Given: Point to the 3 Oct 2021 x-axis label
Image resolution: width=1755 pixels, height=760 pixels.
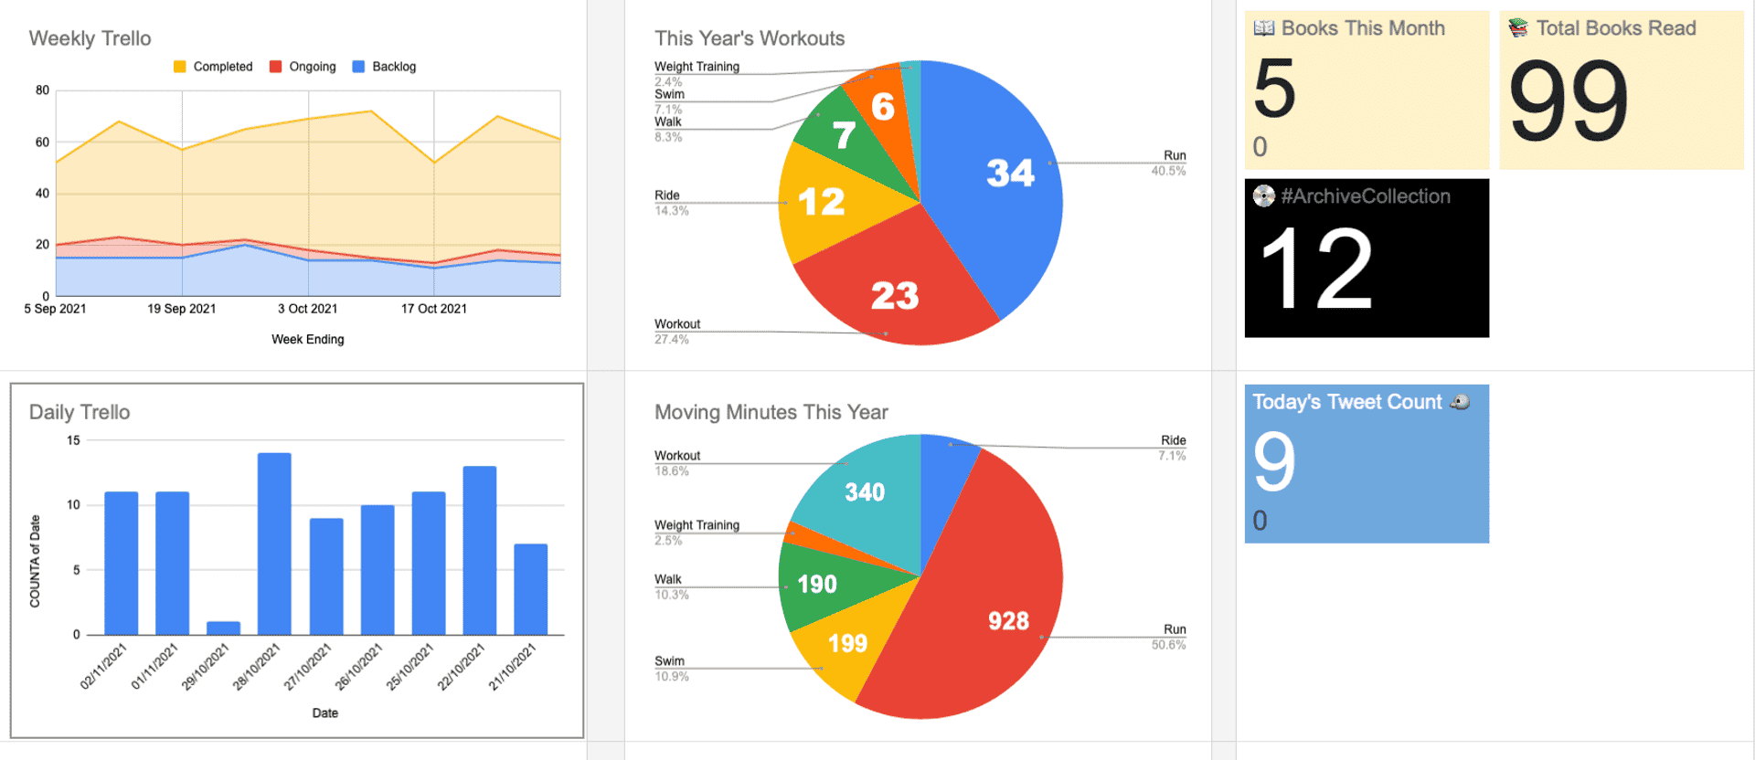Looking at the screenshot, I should pyautogui.click(x=307, y=309).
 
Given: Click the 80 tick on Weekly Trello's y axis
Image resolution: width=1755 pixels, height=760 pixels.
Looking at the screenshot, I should pyautogui.click(x=42, y=90).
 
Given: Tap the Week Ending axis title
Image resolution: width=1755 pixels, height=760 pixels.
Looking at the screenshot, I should pyautogui.click(x=307, y=339).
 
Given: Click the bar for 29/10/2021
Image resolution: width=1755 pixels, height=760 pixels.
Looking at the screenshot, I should pyautogui.click(x=223, y=628).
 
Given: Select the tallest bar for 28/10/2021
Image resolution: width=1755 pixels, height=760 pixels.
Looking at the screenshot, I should pyautogui.click(x=274, y=544).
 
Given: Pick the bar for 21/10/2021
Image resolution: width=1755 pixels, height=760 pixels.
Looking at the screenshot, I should pyautogui.click(x=530, y=589).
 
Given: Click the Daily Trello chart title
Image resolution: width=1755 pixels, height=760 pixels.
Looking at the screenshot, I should pyautogui.click(x=80, y=412).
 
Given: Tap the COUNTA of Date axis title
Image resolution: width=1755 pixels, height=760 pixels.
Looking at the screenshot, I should pyautogui.click(x=35, y=561).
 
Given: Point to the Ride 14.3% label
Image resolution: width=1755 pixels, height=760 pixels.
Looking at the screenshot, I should pyautogui.click(x=671, y=202).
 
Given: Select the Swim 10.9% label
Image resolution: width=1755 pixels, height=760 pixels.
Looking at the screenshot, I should pyautogui.click(x=671, y=668).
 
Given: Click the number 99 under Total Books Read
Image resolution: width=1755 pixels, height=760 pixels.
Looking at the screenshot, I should pyautogui.click(x=1569, y=101).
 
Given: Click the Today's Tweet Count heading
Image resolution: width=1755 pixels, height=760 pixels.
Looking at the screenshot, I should pyautogui.click(x=1346, y=402).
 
